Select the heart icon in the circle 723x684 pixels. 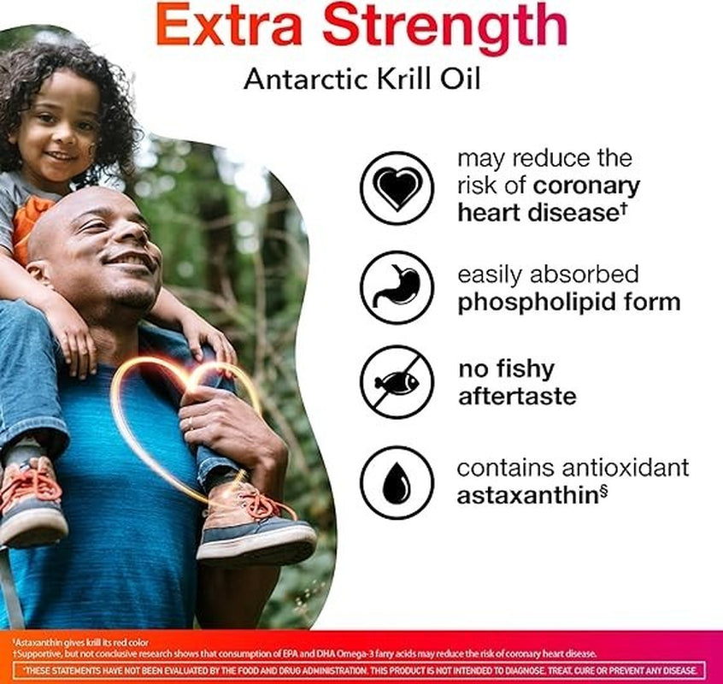click(398, 187)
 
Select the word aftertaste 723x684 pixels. click(517, 397)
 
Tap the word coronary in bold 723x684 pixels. click(586, 186)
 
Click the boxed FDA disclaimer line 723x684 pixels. click(361, 670)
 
